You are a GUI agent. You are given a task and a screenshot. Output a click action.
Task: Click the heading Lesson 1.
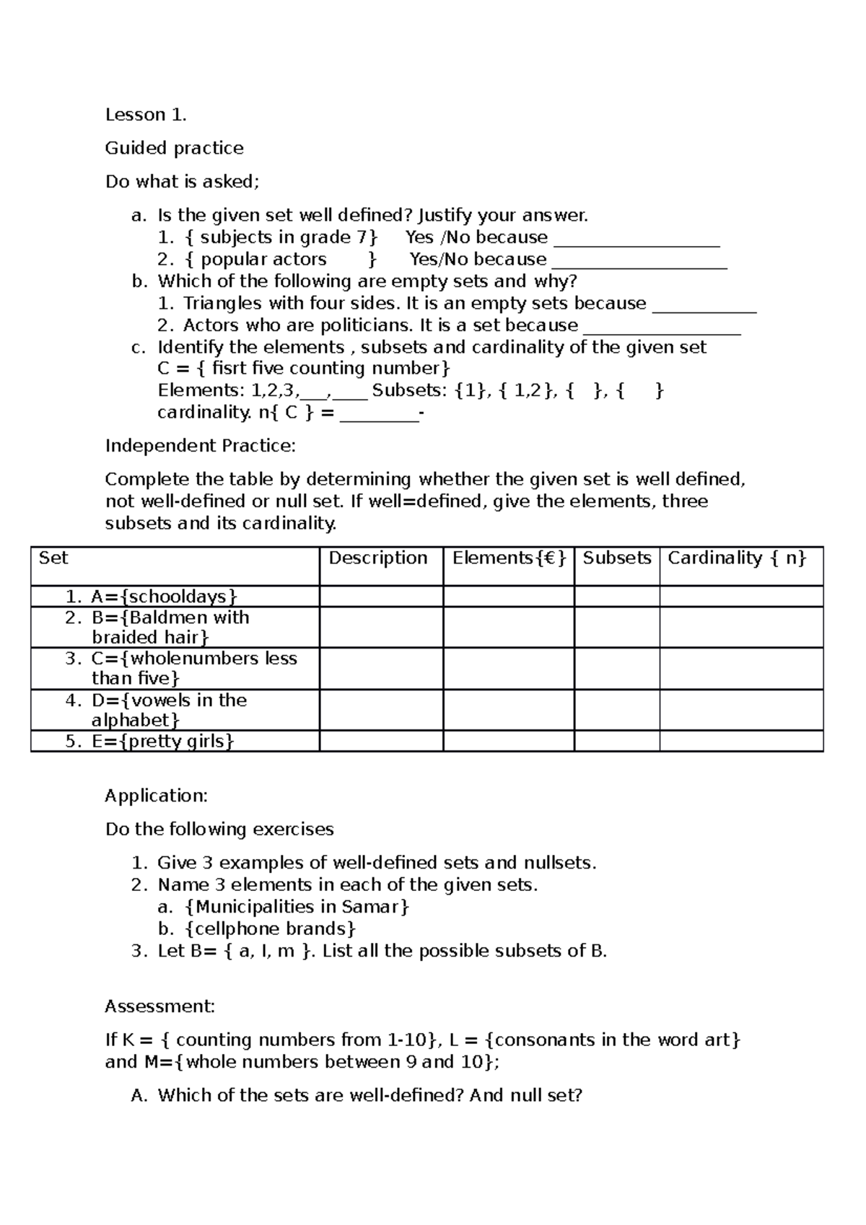(146, 115)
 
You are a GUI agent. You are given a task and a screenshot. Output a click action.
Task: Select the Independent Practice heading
(200, 446)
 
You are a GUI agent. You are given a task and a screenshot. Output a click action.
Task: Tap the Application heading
(156, 796)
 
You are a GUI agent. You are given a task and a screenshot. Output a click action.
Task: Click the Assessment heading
(159, 1006)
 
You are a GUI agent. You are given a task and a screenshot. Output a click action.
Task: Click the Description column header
(378, 558)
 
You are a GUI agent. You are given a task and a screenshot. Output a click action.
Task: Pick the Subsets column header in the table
(616, 558)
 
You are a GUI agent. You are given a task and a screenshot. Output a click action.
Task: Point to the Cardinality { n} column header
(736, 558)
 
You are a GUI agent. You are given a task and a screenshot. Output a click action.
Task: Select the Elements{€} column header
(509, 558)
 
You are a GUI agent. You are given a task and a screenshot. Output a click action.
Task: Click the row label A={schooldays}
(164, 597)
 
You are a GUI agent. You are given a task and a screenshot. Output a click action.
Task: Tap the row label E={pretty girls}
(162, 741)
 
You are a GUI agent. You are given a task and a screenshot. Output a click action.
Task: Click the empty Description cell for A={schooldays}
(380, 597)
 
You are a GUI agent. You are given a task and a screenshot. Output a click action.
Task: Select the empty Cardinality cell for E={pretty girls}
(740, 741)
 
